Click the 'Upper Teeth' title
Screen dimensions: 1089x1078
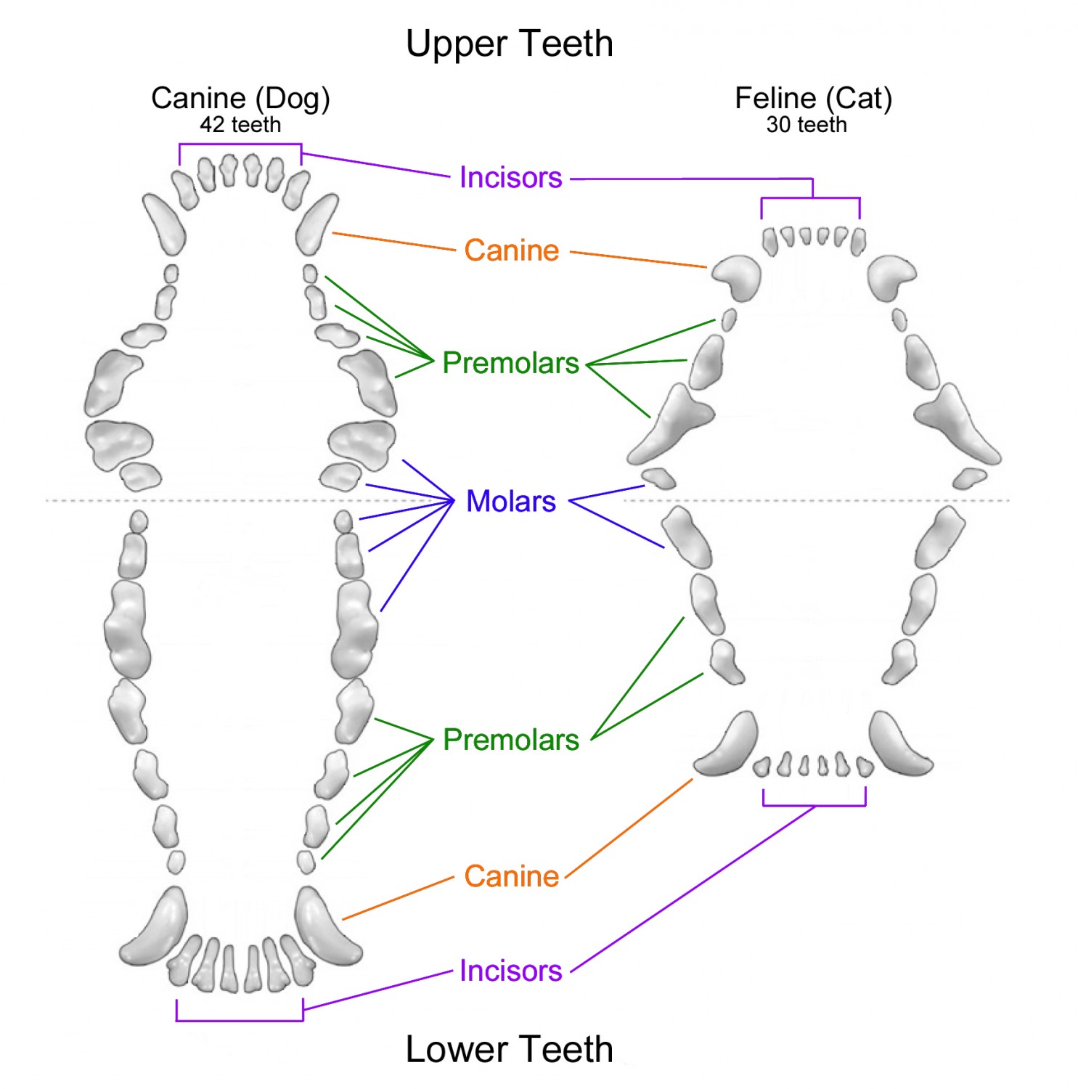click(509, 44)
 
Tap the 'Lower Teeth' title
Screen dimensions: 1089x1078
click(509, 1049)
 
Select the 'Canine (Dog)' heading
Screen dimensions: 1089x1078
click(240, 98)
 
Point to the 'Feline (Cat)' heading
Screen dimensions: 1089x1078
click(813, 98)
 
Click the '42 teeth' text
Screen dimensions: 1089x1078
click(240, 125)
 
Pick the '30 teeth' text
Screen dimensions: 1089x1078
click(807, 125)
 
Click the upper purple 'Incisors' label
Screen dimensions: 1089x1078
click(510, 178)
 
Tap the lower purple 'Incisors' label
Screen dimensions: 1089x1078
click(510, 971)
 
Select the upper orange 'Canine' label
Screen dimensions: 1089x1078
click(512, 250)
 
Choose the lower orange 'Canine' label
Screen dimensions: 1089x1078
click(512, 876)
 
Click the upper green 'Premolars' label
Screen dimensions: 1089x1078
click(510, 363)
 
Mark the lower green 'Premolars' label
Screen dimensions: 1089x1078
click(510, 740)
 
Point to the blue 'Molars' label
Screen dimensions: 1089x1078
click(511, 502)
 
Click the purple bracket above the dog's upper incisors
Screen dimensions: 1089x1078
click(240, 144)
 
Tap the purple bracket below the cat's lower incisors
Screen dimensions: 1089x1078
click(814, 805)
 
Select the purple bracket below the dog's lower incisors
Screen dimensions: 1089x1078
click(240, 1020)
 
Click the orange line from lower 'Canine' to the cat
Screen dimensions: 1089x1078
click(629, 828)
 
